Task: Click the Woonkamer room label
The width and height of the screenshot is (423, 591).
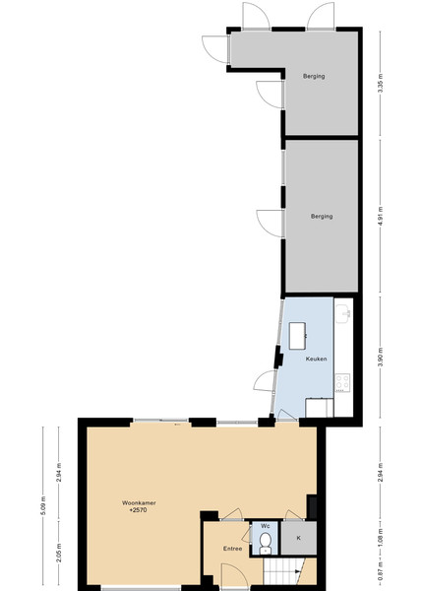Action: [139, 502]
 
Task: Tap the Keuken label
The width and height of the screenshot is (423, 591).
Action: [316, 359]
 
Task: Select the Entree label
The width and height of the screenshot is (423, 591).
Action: [232, 549]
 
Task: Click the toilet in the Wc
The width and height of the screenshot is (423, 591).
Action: [266, 543]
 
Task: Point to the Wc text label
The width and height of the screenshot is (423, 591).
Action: [266, 526]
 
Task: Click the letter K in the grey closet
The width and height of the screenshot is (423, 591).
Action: [298, 538]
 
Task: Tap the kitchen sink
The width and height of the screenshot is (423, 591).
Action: [343, 314]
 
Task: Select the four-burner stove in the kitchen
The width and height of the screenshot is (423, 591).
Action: [342, 382]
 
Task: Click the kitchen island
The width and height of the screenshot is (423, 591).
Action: [297, 336]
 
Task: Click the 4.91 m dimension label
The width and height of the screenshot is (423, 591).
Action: [380, 217]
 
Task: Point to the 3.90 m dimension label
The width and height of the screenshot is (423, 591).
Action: [380, 358]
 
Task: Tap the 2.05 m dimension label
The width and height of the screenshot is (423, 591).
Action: [59, 552]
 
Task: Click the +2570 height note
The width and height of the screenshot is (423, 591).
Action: [138, 510]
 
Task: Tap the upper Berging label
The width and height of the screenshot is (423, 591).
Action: [314, 76]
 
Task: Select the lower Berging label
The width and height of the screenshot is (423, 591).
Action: [322, 217]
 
